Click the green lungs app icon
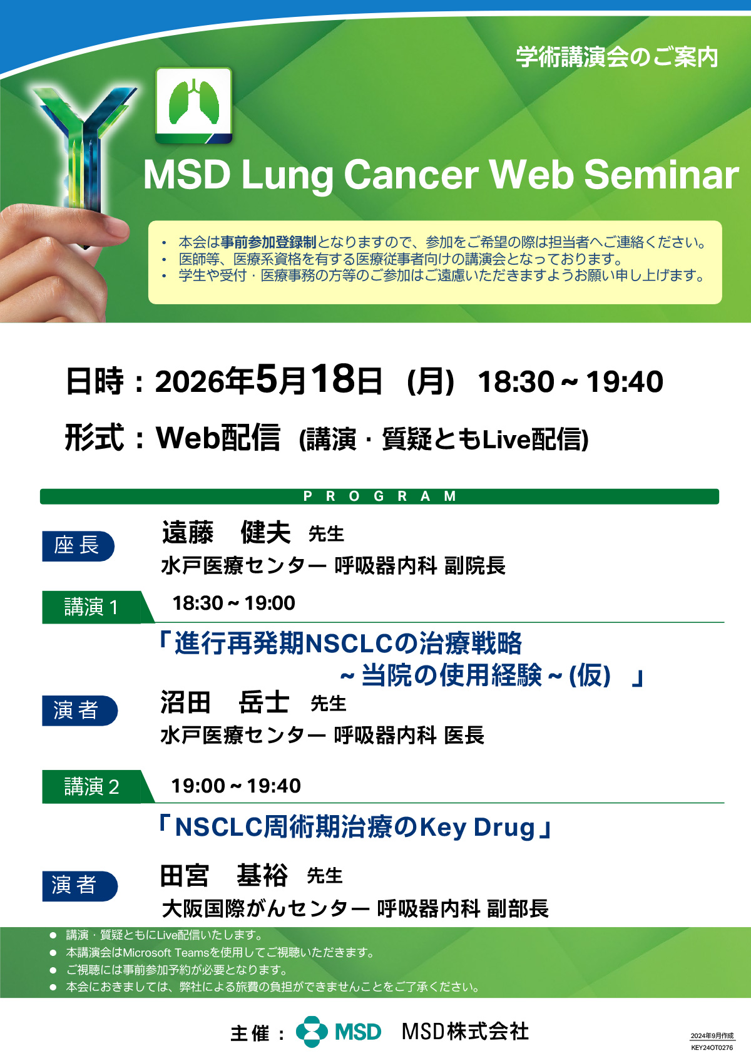pyautogui.click(x=193, y=105)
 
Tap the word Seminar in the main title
pyautogui.click(x=662, y=174)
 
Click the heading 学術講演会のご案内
pyautogui.click(x=616, y=57)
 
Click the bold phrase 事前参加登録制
pyautogui.click(x=268, y=242)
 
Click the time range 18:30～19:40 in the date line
pyautogui.click(x=570, y=381)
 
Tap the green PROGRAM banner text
pyautogui.click(x=379, y=496)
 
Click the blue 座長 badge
pyautogui.click(x=78, y=546)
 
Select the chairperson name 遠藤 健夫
pyautogui.click(x=227, y=532)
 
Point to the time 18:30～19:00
pyautogui.click(x=233, y=603)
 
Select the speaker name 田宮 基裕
pyautogui.click(x=224, y=875)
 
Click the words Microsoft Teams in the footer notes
pyautogui.click(x=166, y=952)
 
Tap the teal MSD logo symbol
pyautogui.click(x=312, y=1032)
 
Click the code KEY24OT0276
pyautogui.click(x=712, y=1048)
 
